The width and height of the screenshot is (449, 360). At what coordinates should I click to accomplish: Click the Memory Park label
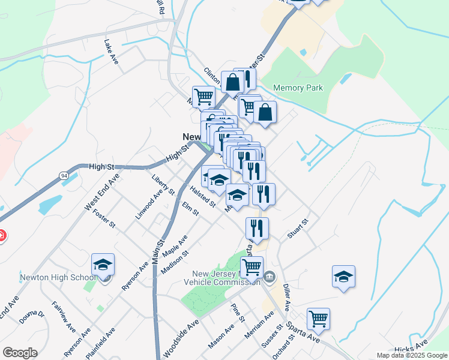[x=298, y=88]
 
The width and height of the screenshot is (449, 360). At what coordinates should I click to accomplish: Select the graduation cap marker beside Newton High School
[x=103, y=265]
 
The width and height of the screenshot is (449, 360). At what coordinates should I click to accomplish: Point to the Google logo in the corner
[x=20, y=353]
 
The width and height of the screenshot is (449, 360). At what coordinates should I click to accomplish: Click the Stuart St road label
[x=297, y=229]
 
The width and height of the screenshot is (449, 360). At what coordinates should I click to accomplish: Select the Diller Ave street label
[x=286, y=297]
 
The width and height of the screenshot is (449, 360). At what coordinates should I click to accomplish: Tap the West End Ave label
[x=98, y=193]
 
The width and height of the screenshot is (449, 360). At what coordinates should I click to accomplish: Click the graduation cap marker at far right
[x=343, y=277]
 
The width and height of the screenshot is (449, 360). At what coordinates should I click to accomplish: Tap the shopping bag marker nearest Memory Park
[x=265, y=113]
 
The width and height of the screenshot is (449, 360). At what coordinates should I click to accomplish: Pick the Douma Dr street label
[x=31, y=317]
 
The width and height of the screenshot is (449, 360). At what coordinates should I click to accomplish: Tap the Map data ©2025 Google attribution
[x=411, y=355]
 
